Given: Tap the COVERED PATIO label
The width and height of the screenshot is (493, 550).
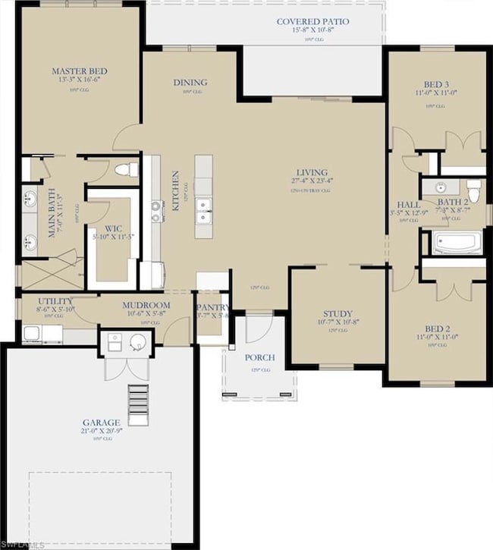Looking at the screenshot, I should (x=312, y=22).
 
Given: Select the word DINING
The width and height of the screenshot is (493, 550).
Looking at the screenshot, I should (x=190, y=83).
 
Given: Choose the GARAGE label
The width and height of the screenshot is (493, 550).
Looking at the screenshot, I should (x=101, y=422).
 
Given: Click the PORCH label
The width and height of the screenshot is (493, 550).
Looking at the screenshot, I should (x=259, y=357).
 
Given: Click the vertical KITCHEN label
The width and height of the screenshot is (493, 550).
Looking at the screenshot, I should (x=175, y=190).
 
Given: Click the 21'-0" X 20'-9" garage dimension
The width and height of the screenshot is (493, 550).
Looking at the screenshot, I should (x=101, y=431).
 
